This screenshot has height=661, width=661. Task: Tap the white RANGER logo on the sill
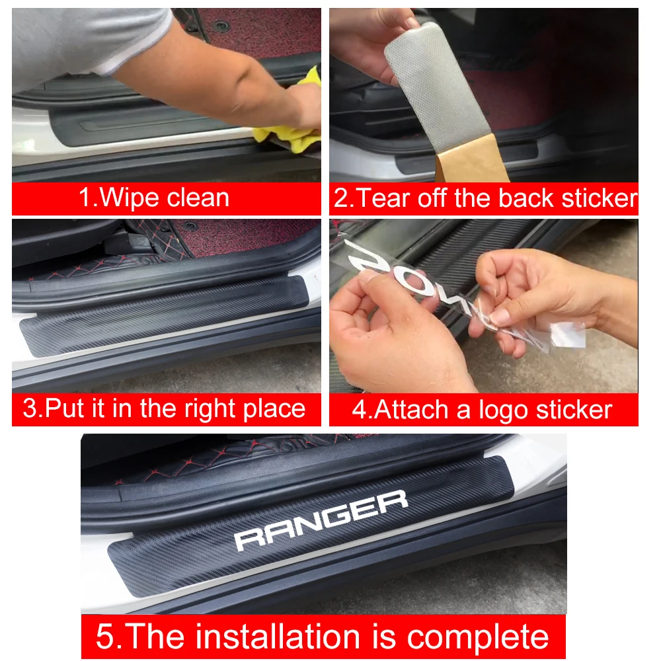(321, 520)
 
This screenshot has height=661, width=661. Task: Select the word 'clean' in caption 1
(198, 198)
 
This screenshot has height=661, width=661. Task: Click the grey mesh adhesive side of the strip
(436, 82)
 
